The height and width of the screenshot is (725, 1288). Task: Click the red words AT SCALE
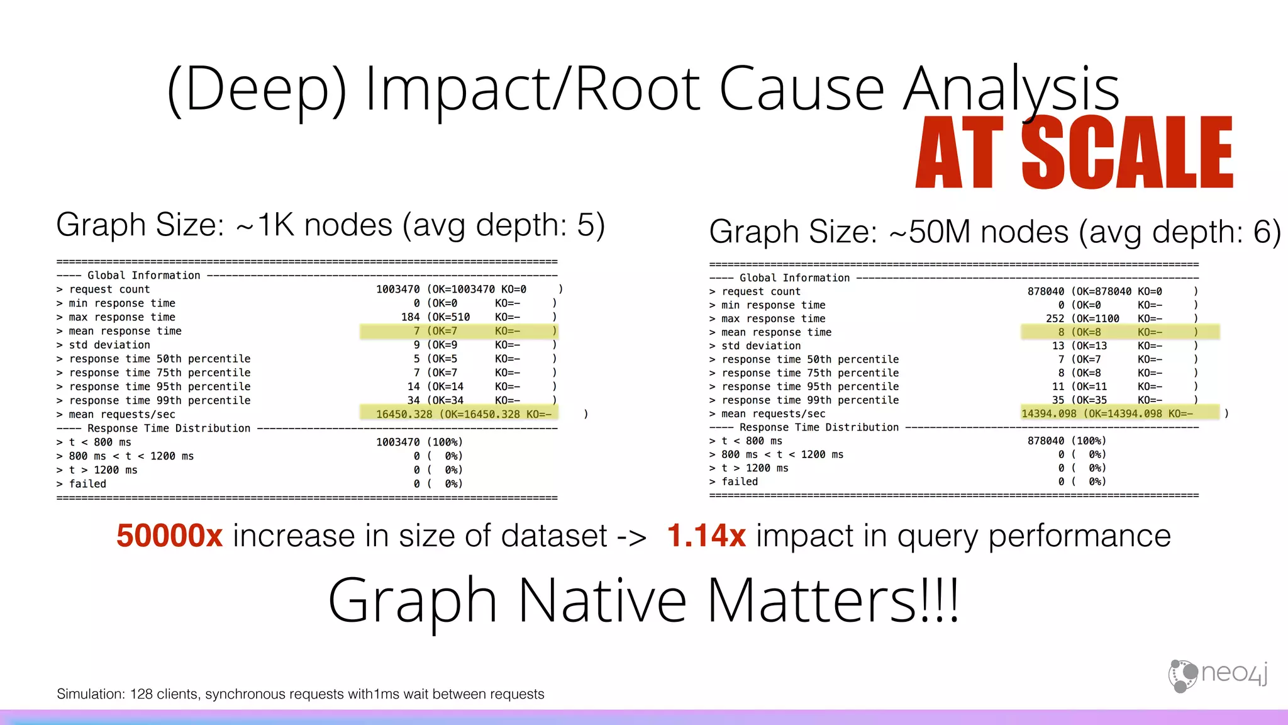[1074, 152]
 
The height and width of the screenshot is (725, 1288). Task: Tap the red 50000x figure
[169, 536]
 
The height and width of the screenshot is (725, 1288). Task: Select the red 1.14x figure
[706, 536]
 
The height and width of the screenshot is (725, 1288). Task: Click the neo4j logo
[1218, 675]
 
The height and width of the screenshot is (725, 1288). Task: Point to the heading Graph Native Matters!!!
[643, 601]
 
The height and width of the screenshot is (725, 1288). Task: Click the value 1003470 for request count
[397, 289]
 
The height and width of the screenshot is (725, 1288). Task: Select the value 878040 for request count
[1046, 291]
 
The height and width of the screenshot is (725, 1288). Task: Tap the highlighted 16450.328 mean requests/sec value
[404, 414]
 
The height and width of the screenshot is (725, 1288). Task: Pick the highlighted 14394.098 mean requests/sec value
[1049, 413]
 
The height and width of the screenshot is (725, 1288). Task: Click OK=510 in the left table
[451, 317]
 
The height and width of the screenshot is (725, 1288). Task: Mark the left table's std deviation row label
[109, 345]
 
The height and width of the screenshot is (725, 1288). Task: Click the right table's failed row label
[740, 481]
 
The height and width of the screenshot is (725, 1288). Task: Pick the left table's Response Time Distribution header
[169, 429]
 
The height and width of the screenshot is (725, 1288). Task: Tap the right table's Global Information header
[794, 278]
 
